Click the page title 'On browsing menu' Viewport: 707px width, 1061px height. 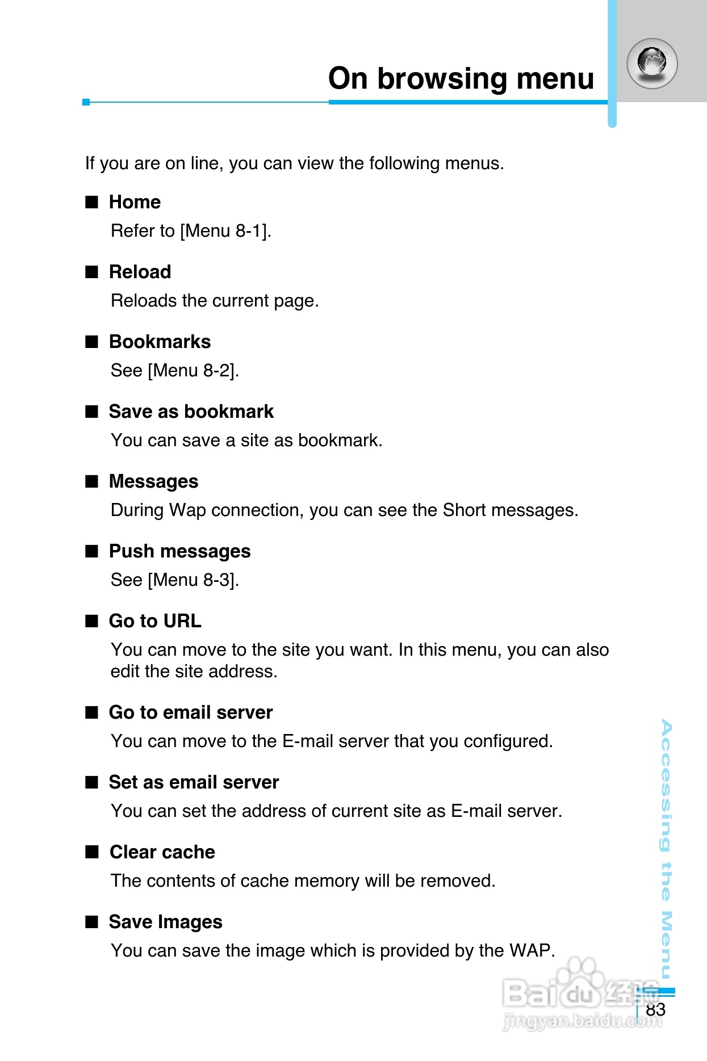pos(461,78)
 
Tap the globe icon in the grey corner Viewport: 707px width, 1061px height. pos(652,63)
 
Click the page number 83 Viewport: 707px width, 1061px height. pos(655,1010)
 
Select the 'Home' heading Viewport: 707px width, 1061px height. pos(135,202)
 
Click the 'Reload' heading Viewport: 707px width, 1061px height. pos(140,272)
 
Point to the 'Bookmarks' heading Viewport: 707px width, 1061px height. pos(160,342)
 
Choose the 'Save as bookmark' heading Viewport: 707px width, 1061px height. pos(191,412)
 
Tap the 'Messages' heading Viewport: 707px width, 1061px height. pos(153,481)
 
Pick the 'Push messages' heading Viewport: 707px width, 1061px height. pos(179,551)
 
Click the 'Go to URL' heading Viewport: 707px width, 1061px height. pos(155,621)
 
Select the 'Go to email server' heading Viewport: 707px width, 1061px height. pos(191,712)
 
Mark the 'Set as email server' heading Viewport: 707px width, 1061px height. pos(194,782)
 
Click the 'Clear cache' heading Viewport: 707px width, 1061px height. pos(162,852)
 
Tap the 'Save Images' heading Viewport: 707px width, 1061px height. pos(165,922)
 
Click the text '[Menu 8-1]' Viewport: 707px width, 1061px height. pos(225,231)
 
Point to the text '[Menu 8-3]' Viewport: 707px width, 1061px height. pos(193,580)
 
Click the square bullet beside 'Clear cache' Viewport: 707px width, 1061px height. pos(92,852)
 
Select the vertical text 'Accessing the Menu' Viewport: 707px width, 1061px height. pos(667,849)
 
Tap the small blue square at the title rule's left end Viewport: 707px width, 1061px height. pos(86,102)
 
